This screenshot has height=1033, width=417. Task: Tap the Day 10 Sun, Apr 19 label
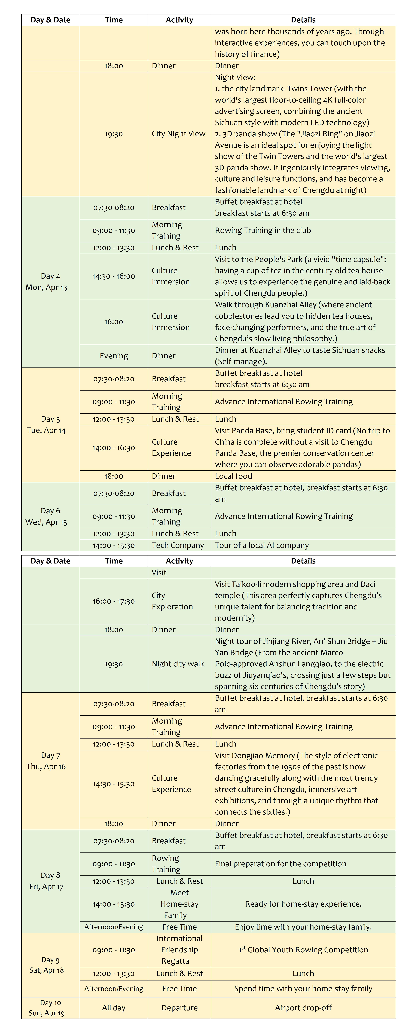[x=47, y=1008]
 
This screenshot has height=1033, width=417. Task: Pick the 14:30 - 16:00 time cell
[x=114, y=276]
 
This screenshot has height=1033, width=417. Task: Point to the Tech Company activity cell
[x=178, y=545]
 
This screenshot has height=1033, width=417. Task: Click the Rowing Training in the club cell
[x=263, y=231]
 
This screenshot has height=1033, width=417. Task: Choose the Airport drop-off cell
[x=303, y=1008]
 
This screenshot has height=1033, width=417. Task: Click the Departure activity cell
[x=179, y=1008]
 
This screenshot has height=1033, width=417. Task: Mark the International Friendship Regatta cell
[x=179, y=950]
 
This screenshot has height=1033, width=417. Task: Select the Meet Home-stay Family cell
[x=179, y=904]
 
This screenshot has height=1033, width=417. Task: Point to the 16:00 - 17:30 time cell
[x=114, y=601]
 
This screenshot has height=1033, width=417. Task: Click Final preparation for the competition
[x=280, y=864]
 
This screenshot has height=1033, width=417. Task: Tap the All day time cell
[x=114, y=1008]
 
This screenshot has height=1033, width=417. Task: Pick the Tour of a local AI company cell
[x=262, y=545]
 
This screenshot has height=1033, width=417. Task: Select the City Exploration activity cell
[x=172, y=601]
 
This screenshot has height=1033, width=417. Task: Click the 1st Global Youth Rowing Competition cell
[x=303, y=950]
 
